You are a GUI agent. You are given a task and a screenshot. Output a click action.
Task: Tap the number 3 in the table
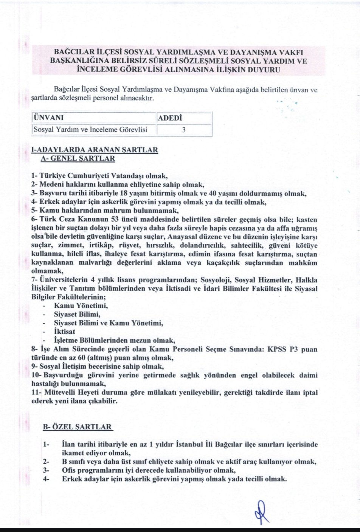click(x=183, y=130)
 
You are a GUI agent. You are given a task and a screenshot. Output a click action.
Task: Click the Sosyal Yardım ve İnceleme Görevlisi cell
click(x=90, y=130)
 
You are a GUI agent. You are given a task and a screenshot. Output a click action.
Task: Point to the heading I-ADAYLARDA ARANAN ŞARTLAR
click(x=95, y=149)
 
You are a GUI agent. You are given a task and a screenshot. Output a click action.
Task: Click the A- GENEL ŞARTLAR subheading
click(x=78, y=158)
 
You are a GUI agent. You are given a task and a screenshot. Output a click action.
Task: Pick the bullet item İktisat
click(x=65, y=331)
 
